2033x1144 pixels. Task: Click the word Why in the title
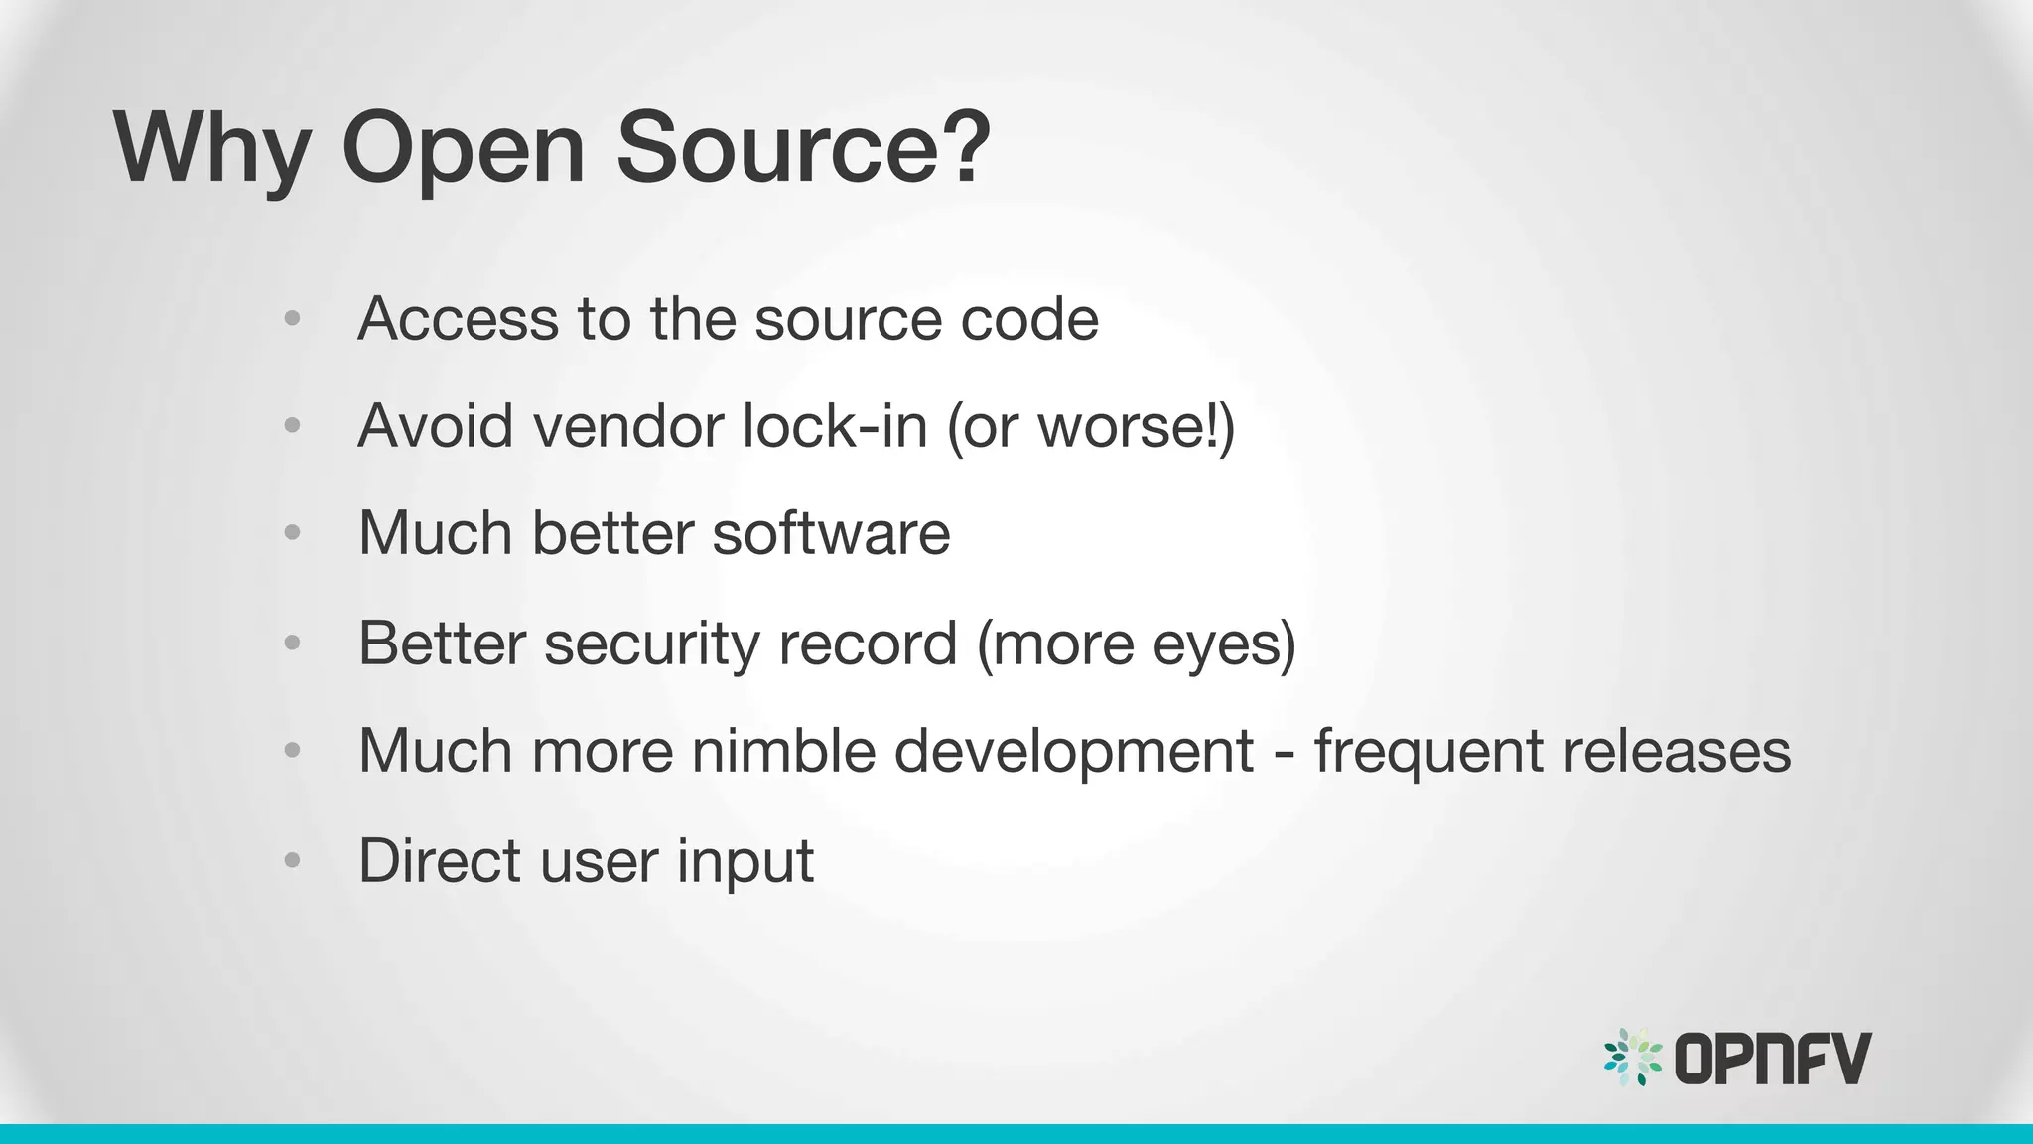(211, 149)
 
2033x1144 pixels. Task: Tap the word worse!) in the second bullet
(1136, 426)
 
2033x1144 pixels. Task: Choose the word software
(831, 533)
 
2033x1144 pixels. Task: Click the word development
(1073, 752)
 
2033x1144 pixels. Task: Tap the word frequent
(1428, 751)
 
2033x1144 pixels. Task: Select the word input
(745, 861)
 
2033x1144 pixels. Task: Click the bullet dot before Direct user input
(292, 859)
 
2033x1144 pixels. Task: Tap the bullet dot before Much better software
(292, 533)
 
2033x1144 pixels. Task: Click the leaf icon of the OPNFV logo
(1633, 1058)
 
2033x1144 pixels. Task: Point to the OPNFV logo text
(1773, 1059)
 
